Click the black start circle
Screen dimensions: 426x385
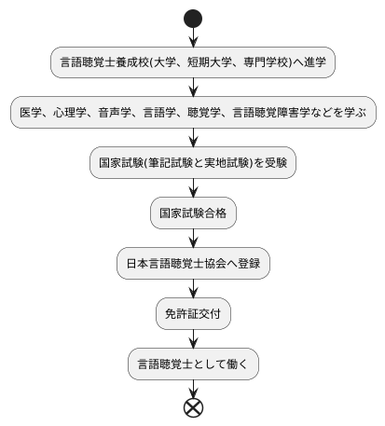pos(193,18)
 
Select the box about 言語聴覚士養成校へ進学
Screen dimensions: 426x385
pos(193,62)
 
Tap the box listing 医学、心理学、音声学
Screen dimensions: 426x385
pos(193,113)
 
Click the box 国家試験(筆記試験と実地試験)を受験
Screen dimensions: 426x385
pos(193,163)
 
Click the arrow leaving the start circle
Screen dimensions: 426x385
pos(193,37)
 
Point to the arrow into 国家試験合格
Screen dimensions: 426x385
pos(193,188)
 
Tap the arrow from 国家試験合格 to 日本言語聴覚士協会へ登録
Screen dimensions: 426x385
pos(193,239)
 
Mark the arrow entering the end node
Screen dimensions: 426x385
pos(193,388)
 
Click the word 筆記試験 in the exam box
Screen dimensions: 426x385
pos(179,163)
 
